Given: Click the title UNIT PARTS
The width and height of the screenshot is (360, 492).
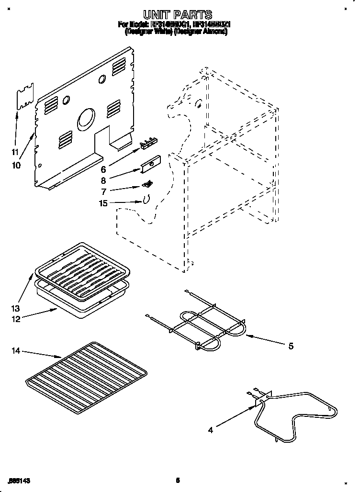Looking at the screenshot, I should [x=178, y=15].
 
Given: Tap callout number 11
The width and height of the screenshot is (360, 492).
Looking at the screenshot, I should [x=15, y=153].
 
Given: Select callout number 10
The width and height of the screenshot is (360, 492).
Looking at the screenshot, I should [x=16, y=166].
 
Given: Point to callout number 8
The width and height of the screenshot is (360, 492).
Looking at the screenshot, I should [x=103, y=181].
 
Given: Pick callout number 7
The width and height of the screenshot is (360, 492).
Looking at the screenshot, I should [x=103, y=191].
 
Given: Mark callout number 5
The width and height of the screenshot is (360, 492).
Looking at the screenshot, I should [x=291, y=346].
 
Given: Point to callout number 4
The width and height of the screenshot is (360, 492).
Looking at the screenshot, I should [x=211, y=429].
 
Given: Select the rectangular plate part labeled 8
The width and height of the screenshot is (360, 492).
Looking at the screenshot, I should [x=150, y=164].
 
